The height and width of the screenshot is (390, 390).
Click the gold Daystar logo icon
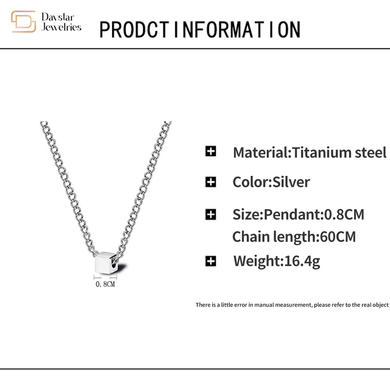(x=23, y=21)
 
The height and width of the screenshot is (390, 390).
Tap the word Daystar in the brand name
(x=58, y=18)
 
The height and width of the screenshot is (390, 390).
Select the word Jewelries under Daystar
(x=62, y=27)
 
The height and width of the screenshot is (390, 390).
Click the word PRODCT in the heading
(x=134, y=30)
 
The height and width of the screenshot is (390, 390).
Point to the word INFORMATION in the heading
(x=238, y=30)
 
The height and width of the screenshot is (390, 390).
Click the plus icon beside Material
(x=211, y=151)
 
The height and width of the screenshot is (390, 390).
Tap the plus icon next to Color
(x=211, y=182)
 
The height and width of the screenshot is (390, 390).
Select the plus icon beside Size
(x=211, y=214)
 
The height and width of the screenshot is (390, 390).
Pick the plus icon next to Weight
(x=211, y=261)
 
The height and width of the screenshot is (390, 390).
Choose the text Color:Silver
(x=271, y=182)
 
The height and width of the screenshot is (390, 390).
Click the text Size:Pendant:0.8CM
(x=298, y=214)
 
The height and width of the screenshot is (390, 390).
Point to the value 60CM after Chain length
(x=338, y=237)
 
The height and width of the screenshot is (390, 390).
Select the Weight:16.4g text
(x=277, y=261)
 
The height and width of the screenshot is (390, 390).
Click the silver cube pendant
(x=106, y=262)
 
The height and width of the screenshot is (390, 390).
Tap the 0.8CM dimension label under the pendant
(x=105, y=284)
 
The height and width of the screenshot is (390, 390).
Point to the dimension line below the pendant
(x=105, y=277)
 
